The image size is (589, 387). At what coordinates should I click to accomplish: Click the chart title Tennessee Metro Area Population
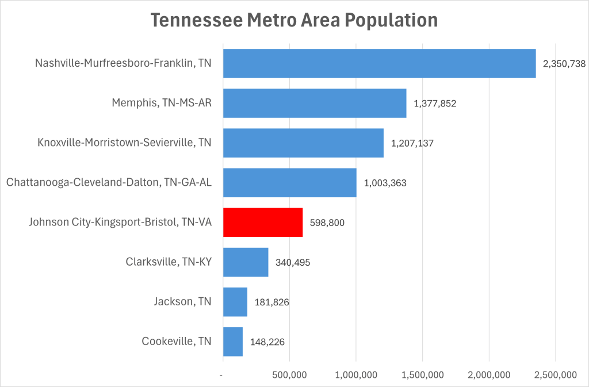click(294, 21)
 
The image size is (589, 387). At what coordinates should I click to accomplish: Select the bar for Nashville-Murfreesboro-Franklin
click(379, 63)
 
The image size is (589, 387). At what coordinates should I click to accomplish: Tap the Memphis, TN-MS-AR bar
click(315, 104)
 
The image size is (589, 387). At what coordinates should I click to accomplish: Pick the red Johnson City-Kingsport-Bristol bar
click(263, 223)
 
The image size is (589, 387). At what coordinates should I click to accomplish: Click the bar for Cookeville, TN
click(233, 342)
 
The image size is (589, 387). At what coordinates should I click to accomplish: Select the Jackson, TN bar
click(235, 302)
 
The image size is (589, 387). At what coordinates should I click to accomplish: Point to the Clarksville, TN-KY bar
click(246, 262)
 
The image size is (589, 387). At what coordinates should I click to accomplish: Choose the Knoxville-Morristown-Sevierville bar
click(303, 143)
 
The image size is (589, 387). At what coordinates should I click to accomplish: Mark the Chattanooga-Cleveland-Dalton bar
click(289, 183)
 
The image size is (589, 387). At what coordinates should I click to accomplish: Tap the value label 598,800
click(327, 223)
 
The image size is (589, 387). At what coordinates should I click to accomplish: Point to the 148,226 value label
click(267, 342)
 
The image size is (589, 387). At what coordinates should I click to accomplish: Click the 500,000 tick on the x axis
click(289, 375)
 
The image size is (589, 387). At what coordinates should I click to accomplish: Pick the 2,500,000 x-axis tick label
click(555, 375)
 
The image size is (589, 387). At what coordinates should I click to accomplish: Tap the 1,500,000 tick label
click(422, 375)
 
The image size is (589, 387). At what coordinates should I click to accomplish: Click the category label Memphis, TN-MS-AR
click(162, 104)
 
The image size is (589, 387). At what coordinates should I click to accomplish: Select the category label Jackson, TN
click(182, 301)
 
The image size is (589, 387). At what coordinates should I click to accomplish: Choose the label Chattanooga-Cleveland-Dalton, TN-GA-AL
click(109, 183)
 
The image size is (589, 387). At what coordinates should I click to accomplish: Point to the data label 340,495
click(293, 262)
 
